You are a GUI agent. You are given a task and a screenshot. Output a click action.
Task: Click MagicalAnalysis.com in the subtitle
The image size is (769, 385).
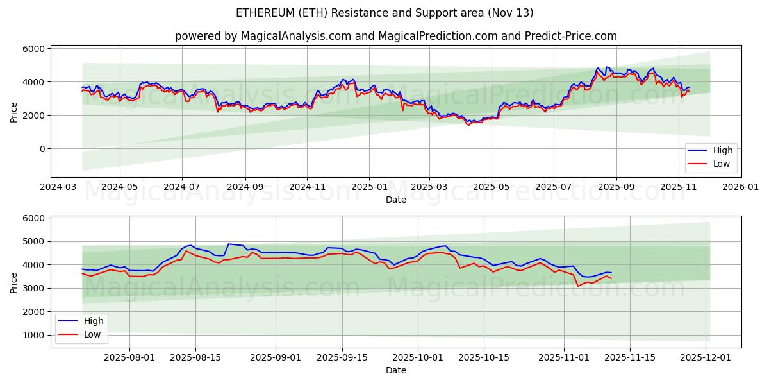(295, 36)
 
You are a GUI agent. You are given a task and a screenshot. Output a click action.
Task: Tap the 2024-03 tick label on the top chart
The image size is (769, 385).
(58, 187)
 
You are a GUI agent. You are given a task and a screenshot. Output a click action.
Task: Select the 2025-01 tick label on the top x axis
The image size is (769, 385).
(369, 187)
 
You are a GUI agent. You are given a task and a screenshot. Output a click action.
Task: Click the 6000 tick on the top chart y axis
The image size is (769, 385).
(34, 49)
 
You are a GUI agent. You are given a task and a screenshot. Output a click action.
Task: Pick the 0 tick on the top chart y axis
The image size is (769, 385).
(42, 149)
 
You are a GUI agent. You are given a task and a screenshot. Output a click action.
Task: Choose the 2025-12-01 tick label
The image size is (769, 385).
(706, 358)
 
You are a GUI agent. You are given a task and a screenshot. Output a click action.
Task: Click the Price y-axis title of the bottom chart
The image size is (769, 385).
(14, 282)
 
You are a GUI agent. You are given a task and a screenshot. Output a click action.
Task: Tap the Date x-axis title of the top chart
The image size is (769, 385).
(396, 200)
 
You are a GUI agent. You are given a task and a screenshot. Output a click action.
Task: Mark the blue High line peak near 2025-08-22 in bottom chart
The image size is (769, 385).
(229, 244)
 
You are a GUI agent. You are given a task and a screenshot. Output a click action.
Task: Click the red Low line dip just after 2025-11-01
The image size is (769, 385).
(577, 286)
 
